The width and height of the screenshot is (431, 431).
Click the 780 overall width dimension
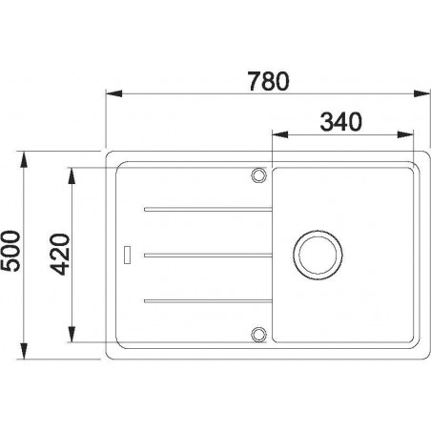click(262, 81)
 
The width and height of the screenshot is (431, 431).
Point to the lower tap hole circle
click(257, 334)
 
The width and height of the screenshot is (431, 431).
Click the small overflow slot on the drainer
click(126, 254)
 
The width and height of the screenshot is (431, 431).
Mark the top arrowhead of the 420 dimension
click(72, 173)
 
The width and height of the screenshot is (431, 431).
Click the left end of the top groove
click(145, 207)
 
